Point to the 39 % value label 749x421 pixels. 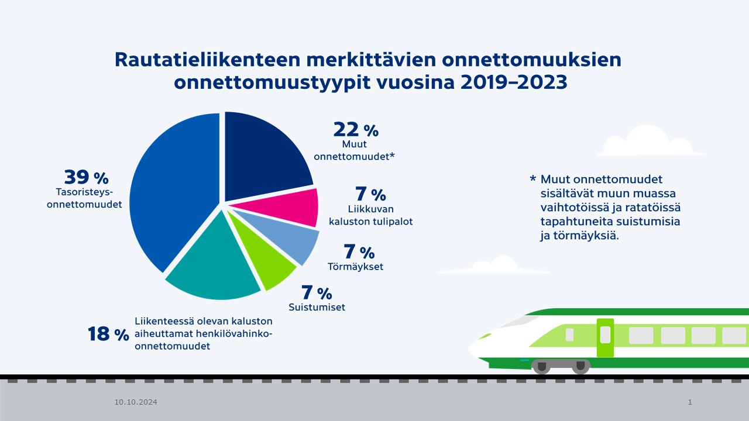86,177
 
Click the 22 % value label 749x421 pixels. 356,130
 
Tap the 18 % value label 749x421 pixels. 108,334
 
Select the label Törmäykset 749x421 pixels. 356,267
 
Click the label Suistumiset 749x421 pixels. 317,307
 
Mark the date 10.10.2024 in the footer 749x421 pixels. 136,402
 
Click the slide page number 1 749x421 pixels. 690,402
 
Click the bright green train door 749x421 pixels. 605,337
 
